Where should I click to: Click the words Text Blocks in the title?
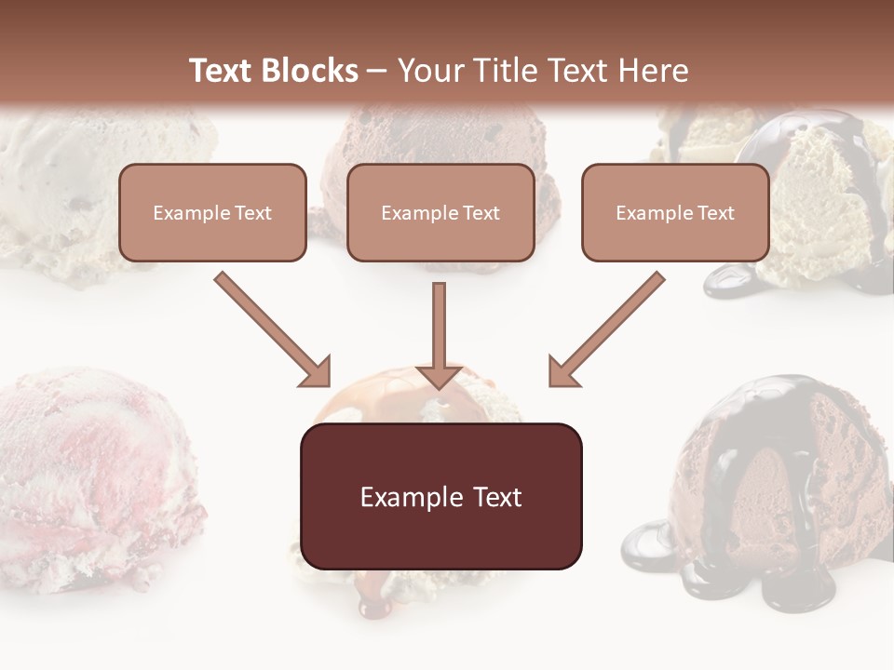click(x=273, y=71)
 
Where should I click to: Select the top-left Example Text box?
click(x=212, y=212)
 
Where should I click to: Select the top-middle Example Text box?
click(x=440, y=212)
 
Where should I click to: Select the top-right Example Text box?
click(x=675, y=212)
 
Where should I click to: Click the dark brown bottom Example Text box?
click(x=440, y=496)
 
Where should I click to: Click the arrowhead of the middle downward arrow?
click(x=439, y=375)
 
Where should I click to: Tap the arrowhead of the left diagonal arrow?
click(x=317, y=372)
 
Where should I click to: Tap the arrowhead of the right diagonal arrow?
click(x=562, y=372)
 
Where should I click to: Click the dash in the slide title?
click(x=377, y=71)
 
